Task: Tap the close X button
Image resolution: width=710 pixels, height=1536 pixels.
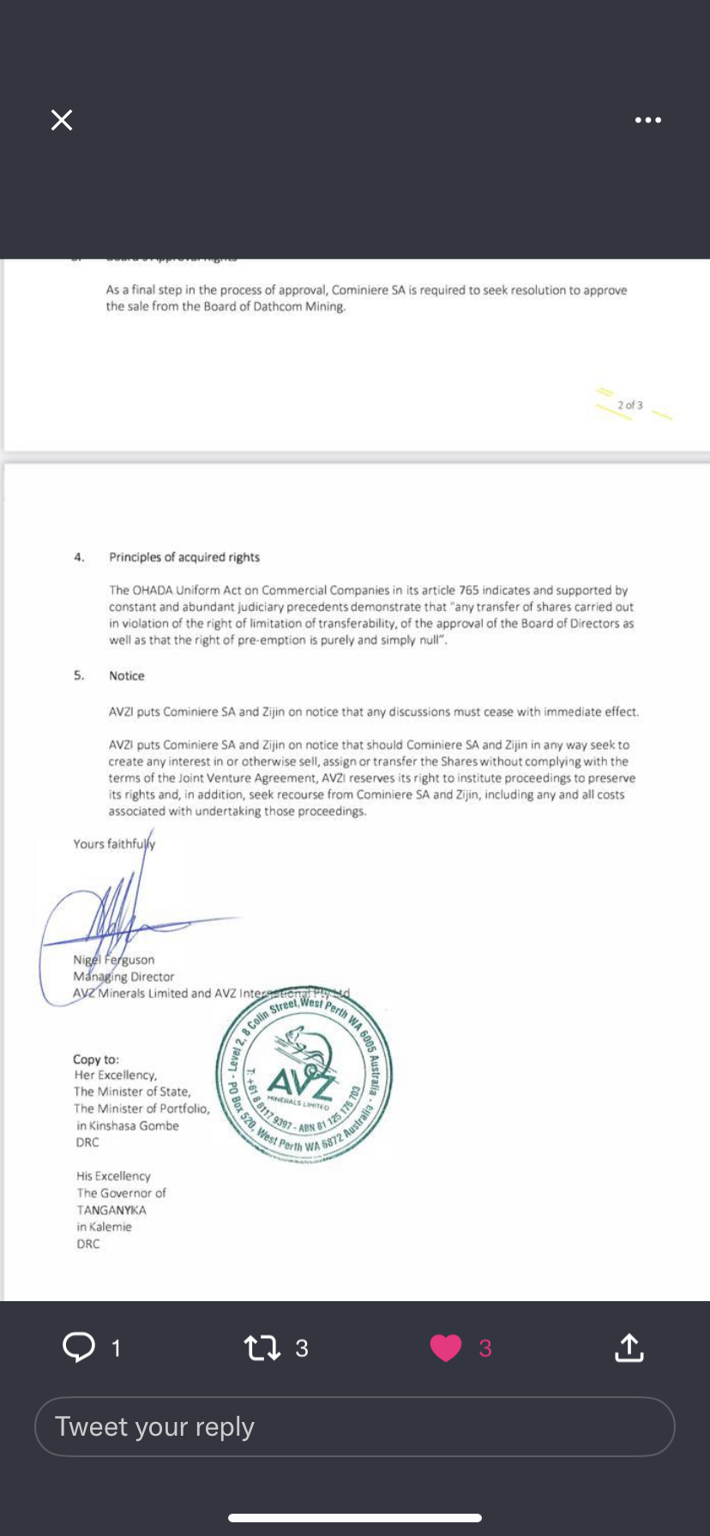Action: coord(62,120)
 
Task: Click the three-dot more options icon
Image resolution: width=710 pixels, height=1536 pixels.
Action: coord(647,120)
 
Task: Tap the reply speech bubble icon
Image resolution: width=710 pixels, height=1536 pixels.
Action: coord(79,1347)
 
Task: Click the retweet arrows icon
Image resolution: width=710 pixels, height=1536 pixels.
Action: coord(262,1347)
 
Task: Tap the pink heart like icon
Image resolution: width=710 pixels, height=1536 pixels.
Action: coord(446,1347)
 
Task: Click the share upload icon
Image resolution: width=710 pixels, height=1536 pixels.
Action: coord(629,1347)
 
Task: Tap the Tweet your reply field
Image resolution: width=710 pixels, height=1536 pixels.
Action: coord(355,1426)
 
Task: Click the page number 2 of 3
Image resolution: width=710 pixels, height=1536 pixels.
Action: coord(630,405)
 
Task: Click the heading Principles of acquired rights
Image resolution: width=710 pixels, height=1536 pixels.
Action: coord(184,557)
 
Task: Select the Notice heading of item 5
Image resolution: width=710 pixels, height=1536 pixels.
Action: coord(127,676)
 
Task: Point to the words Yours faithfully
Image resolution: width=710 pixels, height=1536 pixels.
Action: coord(114,844)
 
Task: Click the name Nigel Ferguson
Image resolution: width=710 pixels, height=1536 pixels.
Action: coord(114,960)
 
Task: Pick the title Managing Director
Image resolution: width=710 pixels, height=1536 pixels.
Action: coord(123,976)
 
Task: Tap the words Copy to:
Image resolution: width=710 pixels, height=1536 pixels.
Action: coord(96,1059)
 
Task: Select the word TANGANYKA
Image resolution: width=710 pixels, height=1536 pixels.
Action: coord(111,1210)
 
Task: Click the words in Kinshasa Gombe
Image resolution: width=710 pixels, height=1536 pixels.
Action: coord(128,1125)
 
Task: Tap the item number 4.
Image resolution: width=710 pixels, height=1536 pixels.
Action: coord(79,557)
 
